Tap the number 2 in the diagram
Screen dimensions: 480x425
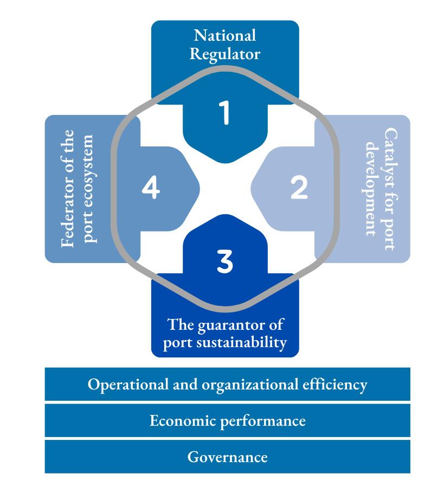[299, 188]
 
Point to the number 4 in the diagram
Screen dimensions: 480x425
[151, 188]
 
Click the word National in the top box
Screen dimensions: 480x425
[225, 36]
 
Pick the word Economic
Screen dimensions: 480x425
[182, 421]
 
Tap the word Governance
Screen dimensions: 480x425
[227, 457]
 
